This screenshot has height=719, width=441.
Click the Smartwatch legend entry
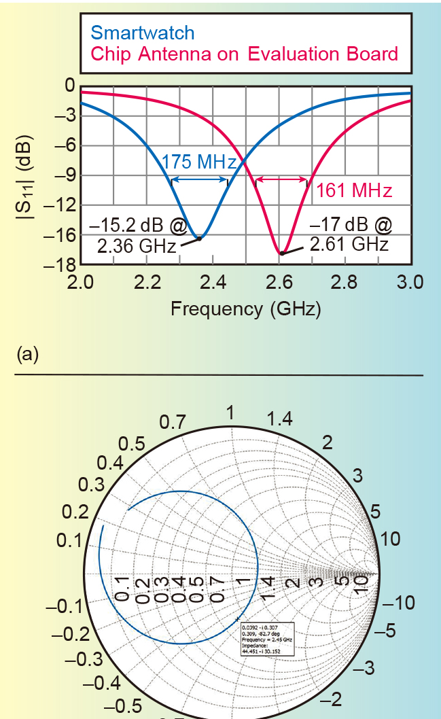[x=142, y=32]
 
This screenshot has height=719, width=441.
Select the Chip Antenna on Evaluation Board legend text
[x=244, y=54]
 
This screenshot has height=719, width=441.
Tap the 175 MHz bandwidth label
[x=198, y=162]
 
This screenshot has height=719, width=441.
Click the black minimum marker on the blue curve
[x=199, y=238]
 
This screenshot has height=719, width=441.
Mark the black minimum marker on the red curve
[x=281, y=253]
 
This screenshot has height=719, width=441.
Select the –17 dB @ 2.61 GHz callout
[x=349, y=234]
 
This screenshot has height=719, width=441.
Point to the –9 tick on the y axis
[x=65, y=175]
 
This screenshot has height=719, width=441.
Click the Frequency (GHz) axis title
[x=245, y=309]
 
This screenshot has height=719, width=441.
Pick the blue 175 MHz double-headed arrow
[x=199, y=179]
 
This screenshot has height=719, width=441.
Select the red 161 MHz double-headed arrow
[x=281, y=180]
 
